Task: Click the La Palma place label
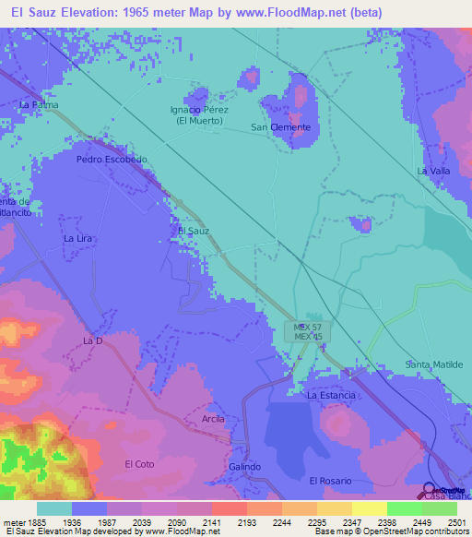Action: pyautogui.click(x=39, y=104)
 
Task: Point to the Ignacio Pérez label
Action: pyautogui.click(x=199, y=110)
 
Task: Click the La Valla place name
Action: pyautogui.click(x=432, y=171)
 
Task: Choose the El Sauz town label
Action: pyautogui.click(x=193, y=230)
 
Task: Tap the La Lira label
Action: pyautogui.click(x=78, y=238)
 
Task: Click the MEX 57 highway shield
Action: pyautogui.click(x=308, y=327)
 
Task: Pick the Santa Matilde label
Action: pyautogui.click(x=434, y=364)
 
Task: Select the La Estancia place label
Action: pyautogui.click(x=331, y=395)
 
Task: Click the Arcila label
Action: pyautogui.click(x=213, y=419)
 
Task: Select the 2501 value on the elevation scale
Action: pyautogui.click(x=445, y=522)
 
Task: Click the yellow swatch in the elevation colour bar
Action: pyautogui.click(x=369, y=508)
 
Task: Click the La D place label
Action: pyautogui.click(x=91, y=340)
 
